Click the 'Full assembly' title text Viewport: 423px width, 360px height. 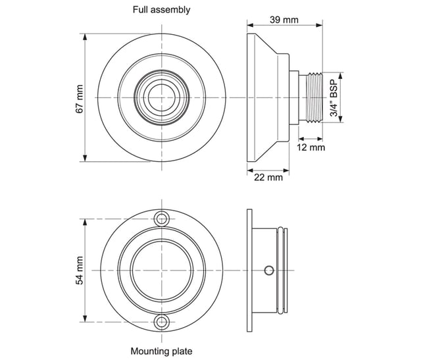click(x=162, y=9)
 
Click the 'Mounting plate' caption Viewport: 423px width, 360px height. click(x=162, y=351)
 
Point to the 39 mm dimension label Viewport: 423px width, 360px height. click(x=284, y=20)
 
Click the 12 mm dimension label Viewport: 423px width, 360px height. click(x=311, y=148)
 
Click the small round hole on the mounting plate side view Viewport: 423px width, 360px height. click(x=268, y=270)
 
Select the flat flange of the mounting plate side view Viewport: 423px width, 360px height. click(x=249, y=270)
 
